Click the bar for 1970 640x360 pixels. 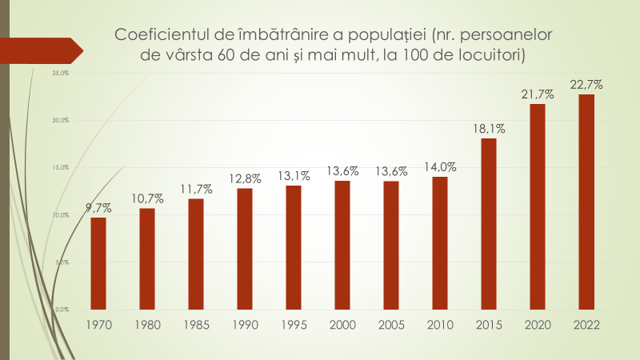(98, 262)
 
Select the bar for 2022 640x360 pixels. (586, 201)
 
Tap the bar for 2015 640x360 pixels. (489, 223)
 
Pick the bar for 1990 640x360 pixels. (245, 248)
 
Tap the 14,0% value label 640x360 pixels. (440, 167)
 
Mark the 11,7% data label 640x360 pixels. (196, 189)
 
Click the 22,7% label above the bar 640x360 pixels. (586, 85)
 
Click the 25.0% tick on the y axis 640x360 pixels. (60, 73)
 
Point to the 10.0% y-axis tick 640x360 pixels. (60, 214)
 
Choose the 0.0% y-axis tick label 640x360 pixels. (62, 309)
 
